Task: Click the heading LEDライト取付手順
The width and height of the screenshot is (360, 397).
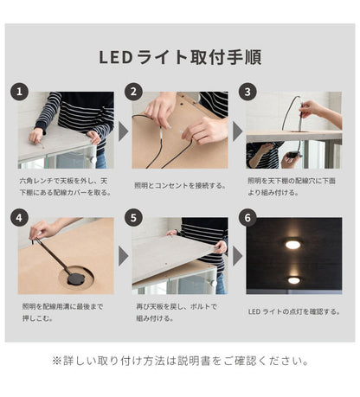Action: pos(181,58)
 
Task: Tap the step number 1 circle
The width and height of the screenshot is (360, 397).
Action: pos(21,91)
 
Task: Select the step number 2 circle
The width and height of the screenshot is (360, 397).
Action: pos(134,91)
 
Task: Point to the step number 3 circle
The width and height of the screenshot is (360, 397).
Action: pos(248,91)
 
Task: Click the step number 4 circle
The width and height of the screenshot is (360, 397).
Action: pos(21,217)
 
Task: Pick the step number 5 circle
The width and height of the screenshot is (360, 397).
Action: pos(134,217)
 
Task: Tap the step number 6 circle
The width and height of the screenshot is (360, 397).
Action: pos(248,217)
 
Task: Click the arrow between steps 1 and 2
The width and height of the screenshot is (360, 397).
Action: pos(123,131)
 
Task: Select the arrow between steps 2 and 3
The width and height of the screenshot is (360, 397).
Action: pos(237,131)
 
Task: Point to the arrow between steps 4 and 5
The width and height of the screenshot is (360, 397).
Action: pos(123,256)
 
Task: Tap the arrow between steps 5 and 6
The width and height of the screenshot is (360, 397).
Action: pos(237,256)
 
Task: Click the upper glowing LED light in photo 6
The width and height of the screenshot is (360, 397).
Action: pos(293,245)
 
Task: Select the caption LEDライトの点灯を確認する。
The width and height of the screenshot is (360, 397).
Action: pos(292,311)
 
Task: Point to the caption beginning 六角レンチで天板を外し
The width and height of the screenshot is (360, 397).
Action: pos(65,184)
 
